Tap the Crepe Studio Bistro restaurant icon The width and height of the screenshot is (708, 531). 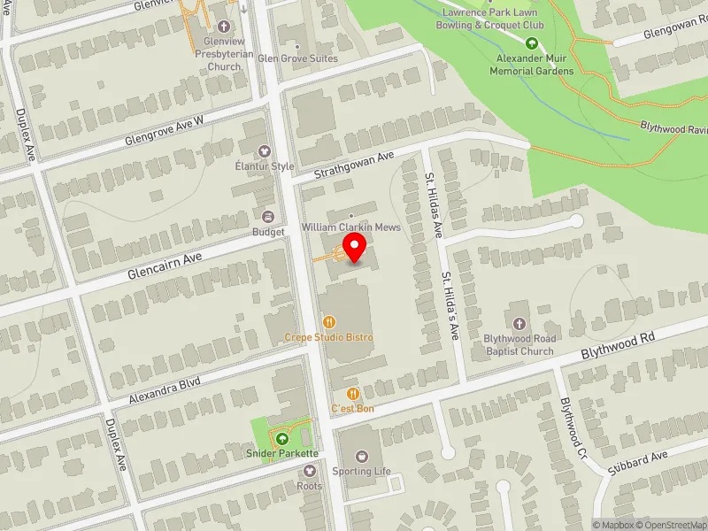[x=328, y=323]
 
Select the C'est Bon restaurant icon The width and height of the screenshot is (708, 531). [x=352, y=394]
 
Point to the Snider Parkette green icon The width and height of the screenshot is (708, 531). [x=282, y=439]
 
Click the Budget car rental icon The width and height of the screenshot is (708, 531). [x=267, y=217]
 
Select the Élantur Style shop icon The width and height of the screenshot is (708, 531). [x=263, y=151]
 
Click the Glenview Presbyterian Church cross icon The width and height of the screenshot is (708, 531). [x=220, y=27]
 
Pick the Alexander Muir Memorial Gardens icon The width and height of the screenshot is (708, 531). [x=533, y=43]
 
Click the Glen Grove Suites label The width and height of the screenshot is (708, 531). [x=298, y=58]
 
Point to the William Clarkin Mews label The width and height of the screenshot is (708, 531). [x=351, y=227]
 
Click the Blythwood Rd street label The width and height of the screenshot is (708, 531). [x=617, y=345]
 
